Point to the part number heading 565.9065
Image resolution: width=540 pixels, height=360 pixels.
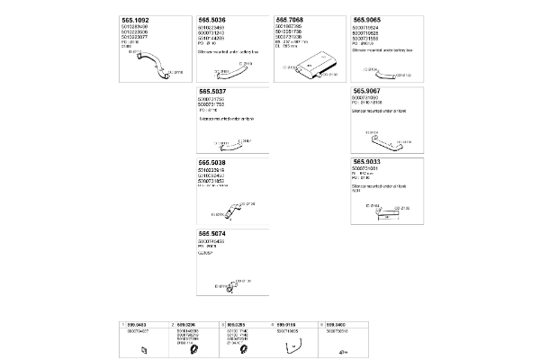371,19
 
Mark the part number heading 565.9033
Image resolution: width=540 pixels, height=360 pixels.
371,162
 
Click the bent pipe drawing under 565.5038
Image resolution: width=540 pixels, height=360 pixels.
230,211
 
